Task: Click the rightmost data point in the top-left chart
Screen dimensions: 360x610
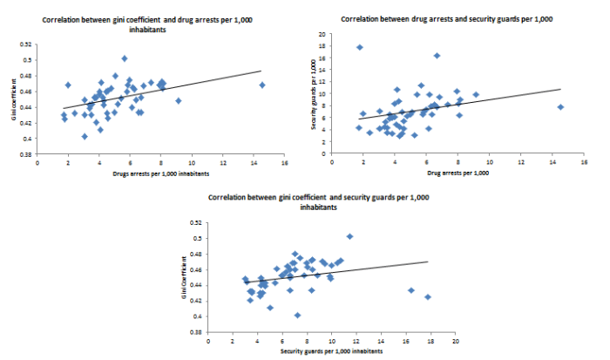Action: click(x=261, y=85)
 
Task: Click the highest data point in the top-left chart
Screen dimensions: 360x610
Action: click(x=125, y=58)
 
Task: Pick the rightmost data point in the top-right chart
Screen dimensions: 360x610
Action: click(x=560, y=106)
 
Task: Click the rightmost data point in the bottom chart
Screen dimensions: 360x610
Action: click(x=428, y=297)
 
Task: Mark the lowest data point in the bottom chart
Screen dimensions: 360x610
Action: click(x=297, y=316)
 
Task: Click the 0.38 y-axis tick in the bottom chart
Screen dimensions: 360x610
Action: click(x=197, y=332)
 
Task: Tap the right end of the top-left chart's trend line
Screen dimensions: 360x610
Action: click(x=261, y=71)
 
